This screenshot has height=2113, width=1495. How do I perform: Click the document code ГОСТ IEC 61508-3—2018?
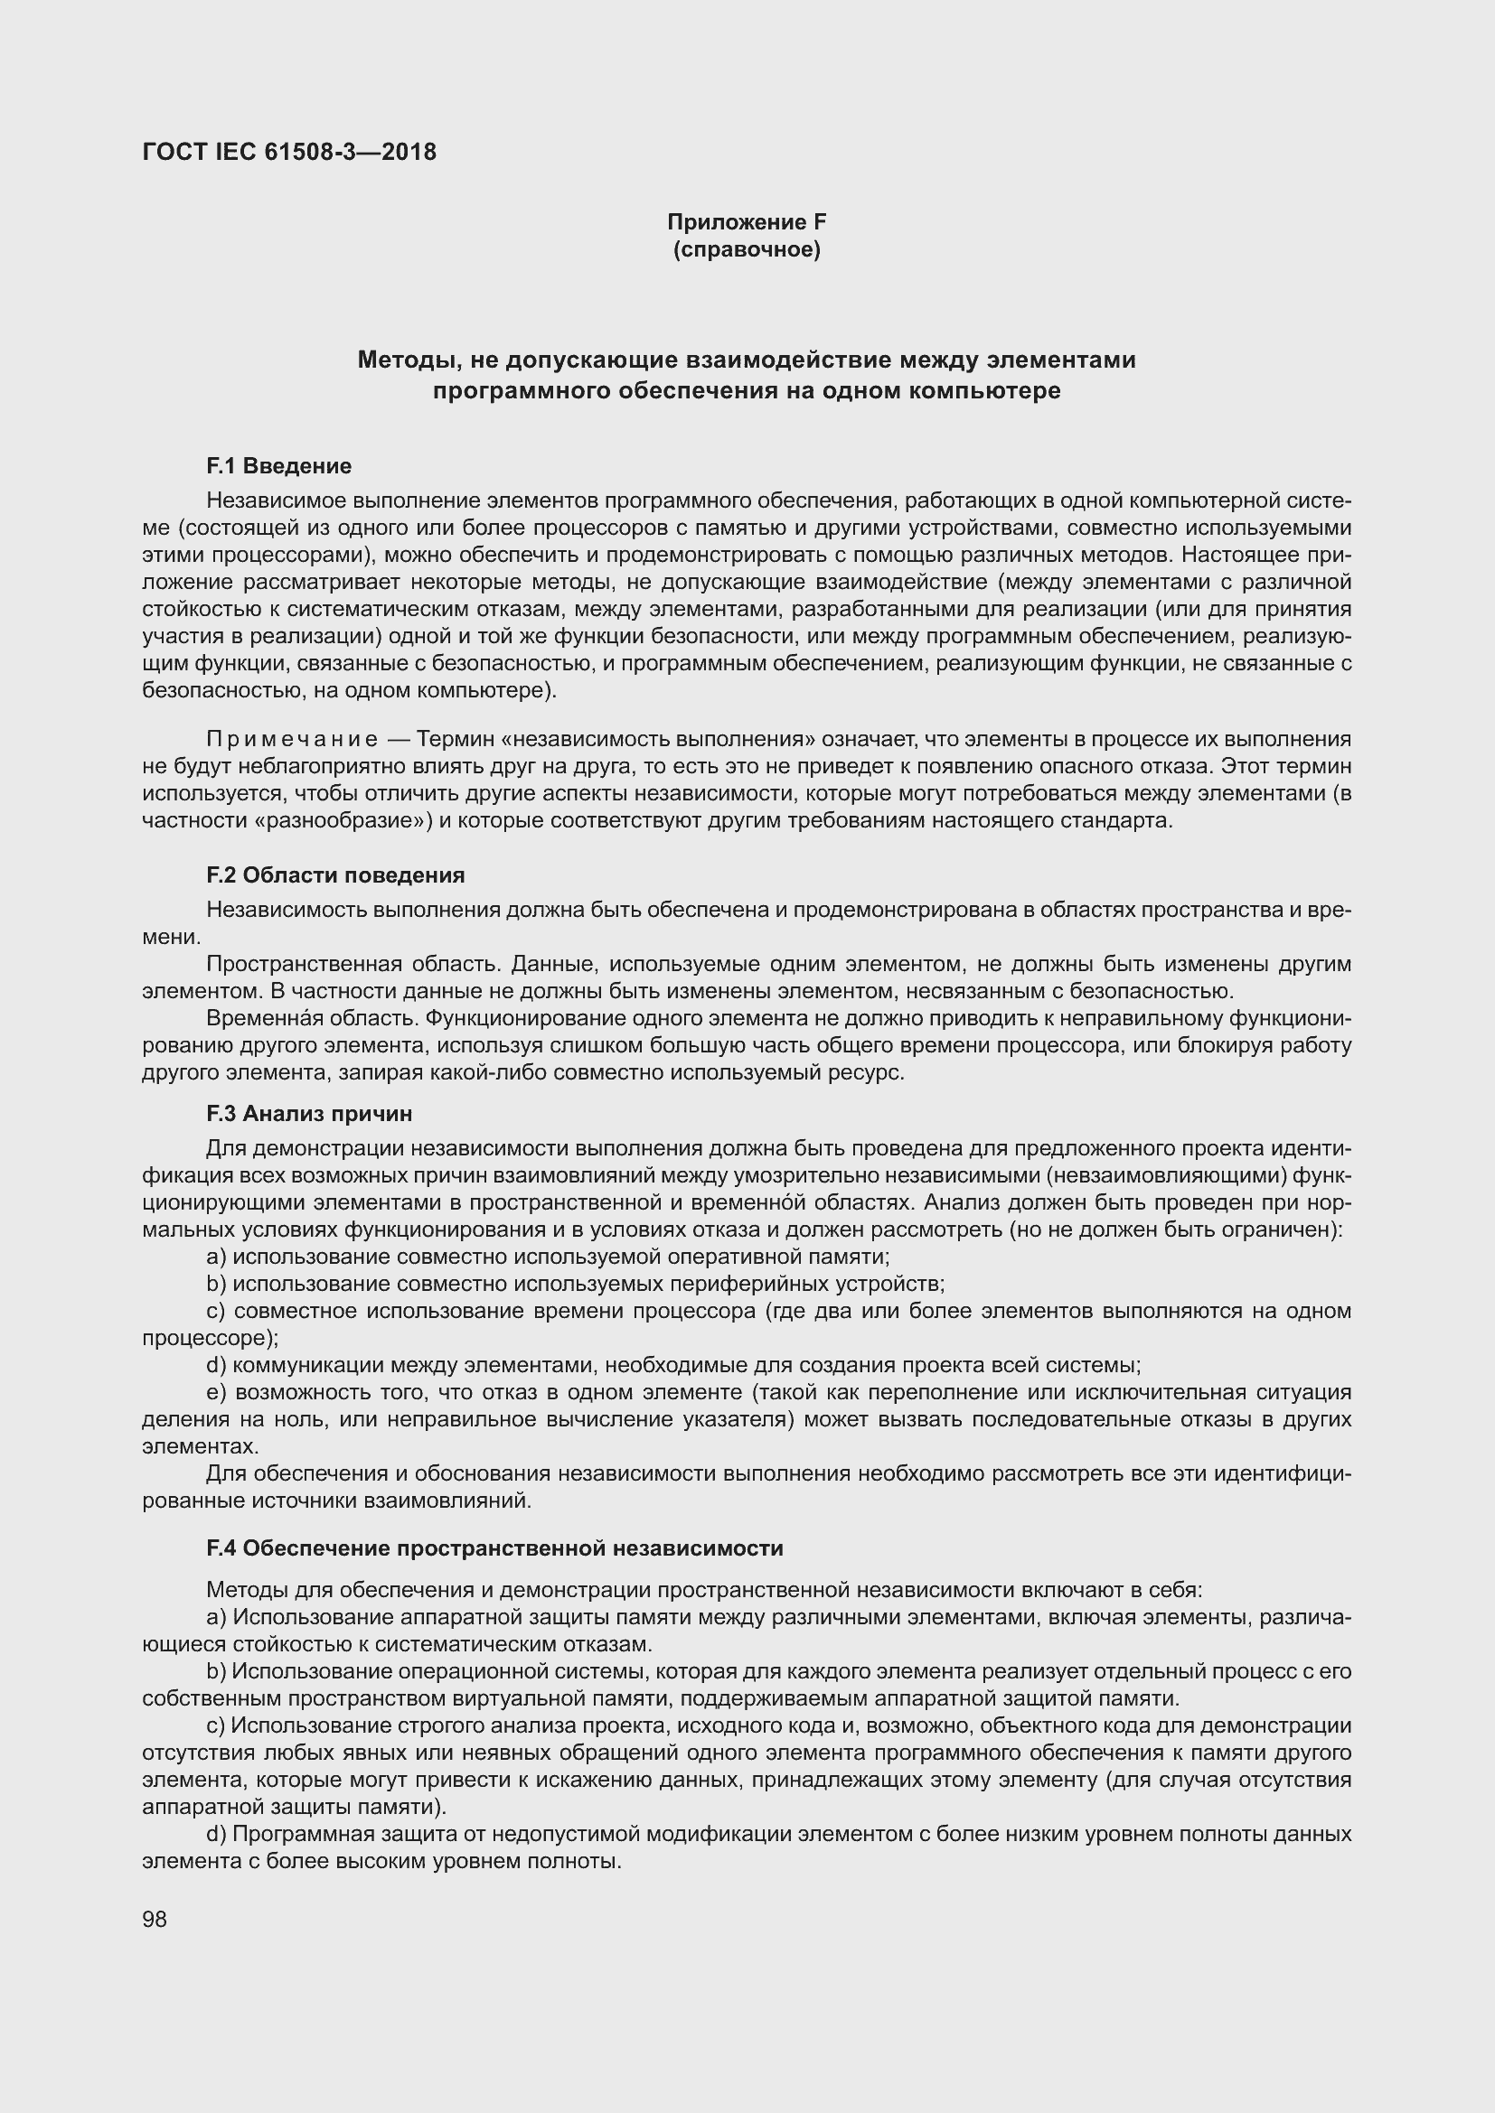pos(289,152)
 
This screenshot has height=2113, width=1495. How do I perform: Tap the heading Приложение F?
pos(747,222)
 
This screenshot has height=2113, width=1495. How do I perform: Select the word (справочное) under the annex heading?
pos(747,249)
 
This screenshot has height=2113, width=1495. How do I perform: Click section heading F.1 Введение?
pos(279,465)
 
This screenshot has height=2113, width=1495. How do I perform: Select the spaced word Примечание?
pos(292,739)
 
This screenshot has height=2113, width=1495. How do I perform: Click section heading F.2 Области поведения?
pos(335,874)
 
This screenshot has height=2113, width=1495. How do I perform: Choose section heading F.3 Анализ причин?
pos(309,1114)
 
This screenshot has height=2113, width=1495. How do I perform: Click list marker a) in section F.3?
pos(216,1258)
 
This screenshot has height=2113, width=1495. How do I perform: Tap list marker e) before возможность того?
pos(216,1392)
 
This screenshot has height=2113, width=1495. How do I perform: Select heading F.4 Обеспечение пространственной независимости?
pos(494,1549)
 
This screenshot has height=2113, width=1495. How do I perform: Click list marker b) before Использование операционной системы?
pos(216,1671)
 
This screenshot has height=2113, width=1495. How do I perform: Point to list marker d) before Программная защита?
pos(216,1834)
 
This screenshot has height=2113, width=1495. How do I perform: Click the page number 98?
pos(155,1919)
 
